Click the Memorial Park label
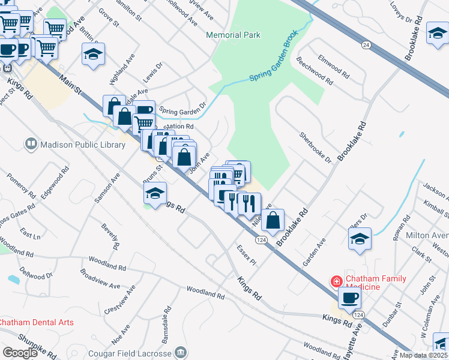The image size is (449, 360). pyautogui.click(x=233, y=35)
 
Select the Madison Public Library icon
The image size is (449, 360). pyautogui.click(x=31, y=144)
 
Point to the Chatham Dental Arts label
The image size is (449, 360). pyautogui.click(x=37, y=322)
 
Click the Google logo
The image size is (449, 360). pyautogui.click(x=20, y=352)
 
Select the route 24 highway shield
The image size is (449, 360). pyautogui.click(x=366, y=45)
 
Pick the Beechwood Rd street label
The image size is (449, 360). pyautogui.click(x=315, y=70)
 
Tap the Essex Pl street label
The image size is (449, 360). pyautogui.click(x=246, y=255)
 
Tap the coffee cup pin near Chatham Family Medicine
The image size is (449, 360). pyautogui.click(x=349, y=297)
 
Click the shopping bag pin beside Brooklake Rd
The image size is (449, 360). pyautogui.click(x=273, y=220)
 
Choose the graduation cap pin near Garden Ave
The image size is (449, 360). pyautogui.click(x=360, y=238)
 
